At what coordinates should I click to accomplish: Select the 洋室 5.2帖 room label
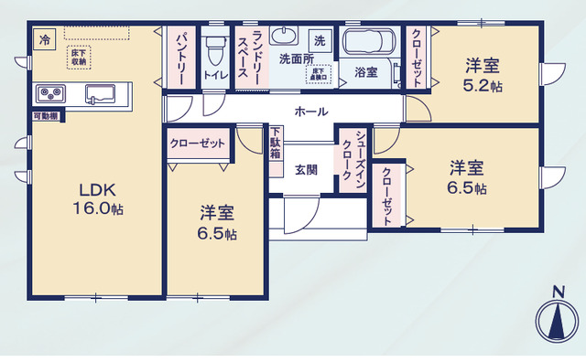click(482, 74)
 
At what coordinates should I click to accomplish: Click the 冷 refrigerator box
click(43, 39)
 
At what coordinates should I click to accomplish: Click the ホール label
click(306, 112)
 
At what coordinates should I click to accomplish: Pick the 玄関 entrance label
click(306, 170)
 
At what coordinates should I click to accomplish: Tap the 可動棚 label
click(46, 116)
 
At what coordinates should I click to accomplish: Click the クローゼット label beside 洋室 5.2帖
click(417, 57)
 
